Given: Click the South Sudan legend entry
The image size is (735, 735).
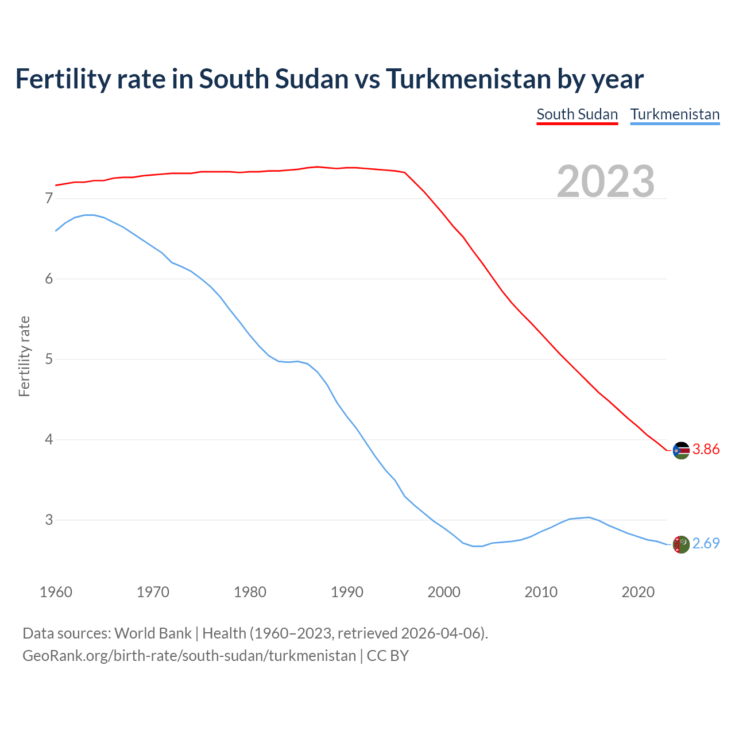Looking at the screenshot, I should pos(577,114).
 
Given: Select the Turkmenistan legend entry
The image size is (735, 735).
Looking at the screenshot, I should pos(675,114).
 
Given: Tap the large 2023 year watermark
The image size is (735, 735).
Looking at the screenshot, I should pos(606,181).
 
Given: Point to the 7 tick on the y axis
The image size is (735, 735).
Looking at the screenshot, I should pos(49,199).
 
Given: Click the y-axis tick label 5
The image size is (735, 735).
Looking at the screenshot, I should pos(49,359).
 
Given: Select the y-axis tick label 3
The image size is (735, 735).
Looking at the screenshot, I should pos(49,520).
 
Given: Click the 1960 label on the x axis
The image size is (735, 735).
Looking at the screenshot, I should pos(56,592).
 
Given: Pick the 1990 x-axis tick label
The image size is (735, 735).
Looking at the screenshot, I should pos(347,592).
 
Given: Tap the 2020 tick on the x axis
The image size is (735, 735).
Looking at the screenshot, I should pos(638,592).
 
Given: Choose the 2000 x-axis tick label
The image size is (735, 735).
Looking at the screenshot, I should pos(444,592).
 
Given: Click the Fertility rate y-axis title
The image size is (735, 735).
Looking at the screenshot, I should pos(24,356).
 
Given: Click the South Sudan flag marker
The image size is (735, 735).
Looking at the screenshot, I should pos(681,450).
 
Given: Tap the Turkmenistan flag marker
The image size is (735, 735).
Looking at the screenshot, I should pos(681,544).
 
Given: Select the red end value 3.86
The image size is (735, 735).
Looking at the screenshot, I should pos(706,449).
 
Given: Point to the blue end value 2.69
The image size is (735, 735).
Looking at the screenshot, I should pos(706,543).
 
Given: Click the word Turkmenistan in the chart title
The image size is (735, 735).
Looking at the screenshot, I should pos(468,79).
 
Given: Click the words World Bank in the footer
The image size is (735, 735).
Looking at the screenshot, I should pos(153,633).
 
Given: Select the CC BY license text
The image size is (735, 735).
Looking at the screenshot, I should pos(388,656).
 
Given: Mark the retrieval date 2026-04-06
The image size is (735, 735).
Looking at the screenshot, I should pos(440,633).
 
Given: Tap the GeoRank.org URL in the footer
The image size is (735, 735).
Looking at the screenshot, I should pos(189,656).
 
